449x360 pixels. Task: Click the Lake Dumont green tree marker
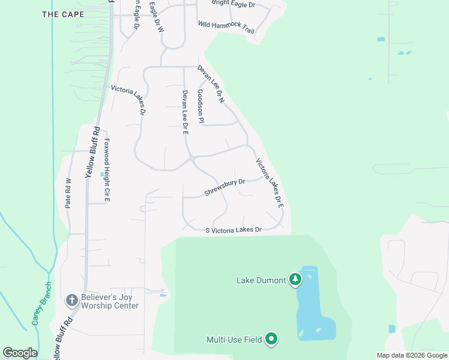click(x=295, y=280)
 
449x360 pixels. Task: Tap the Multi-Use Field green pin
click(x=271, y=340)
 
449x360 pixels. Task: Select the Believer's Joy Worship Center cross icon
click(x=71, y=300)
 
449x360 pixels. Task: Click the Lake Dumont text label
click(x=261, y=280)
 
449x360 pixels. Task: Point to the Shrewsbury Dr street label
click(x=224, y=187)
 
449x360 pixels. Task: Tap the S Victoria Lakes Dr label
click(x=234, y=230)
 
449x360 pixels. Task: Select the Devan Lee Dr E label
click(x=185, y=112)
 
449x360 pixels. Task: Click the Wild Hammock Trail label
click(x=226, y=28)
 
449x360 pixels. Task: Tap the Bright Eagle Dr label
click(x=234, y=4)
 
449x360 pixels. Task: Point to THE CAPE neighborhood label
click(x=63, y=14)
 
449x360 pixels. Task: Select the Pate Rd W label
click(x=68, y=193)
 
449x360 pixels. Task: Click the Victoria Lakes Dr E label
click(x=270, y=183)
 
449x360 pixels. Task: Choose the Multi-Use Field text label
click(x=234, y=340)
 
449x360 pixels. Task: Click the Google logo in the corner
click(x=20, y=353)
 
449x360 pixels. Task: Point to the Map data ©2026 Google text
click(x=412, y=355)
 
